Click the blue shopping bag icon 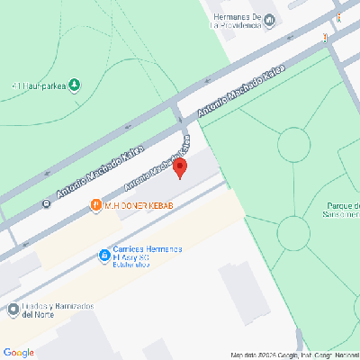click(103, 257)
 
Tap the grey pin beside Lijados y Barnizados click(13, 310)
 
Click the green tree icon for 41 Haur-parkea click(74, 85)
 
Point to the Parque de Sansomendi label click(342, 211)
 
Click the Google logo click(19, 352)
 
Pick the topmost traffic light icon click(339, 17)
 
